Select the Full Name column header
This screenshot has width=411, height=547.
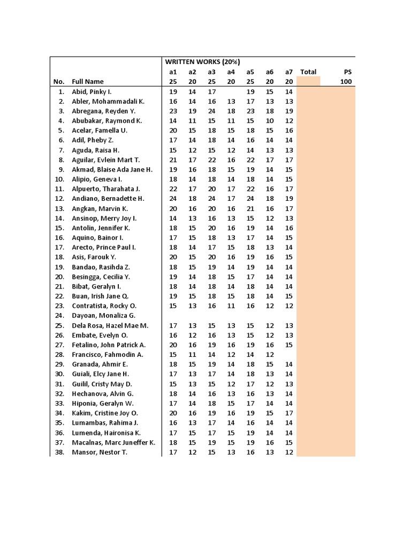pos(88,82)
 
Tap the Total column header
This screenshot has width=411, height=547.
pos(308,72)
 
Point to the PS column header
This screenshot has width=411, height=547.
pos(347,72)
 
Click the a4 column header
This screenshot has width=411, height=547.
pos(231,72)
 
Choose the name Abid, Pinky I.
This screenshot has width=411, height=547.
pos(92,92)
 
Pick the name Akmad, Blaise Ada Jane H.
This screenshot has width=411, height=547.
pos(112,169)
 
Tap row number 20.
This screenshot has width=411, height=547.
pos(59,277)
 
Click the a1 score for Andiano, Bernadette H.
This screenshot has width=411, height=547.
pos(173,199)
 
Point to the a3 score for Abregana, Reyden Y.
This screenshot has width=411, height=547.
pos(211,111)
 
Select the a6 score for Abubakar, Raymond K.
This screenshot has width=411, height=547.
pos(270,121)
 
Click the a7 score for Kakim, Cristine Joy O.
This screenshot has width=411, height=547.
pos(289,413)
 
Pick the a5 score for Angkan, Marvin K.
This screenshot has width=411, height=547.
pos(250,208)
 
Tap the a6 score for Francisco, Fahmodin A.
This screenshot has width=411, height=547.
pos(270,355)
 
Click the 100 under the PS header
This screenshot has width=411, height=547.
pos(346,82)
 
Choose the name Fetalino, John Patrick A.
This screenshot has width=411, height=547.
pos(109,345)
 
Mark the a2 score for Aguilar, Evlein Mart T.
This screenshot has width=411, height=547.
pos(192,160)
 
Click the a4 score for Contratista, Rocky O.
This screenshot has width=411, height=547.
pos(231,306)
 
